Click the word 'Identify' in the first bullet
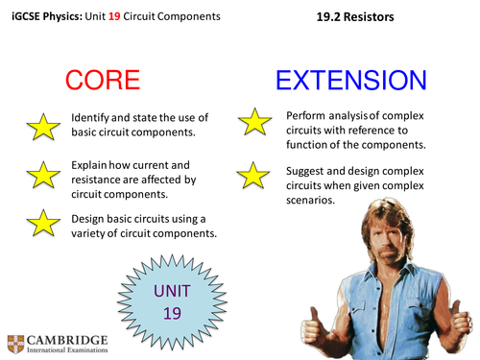(x=93, y=116)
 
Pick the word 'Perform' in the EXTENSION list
(x=309, y=116)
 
